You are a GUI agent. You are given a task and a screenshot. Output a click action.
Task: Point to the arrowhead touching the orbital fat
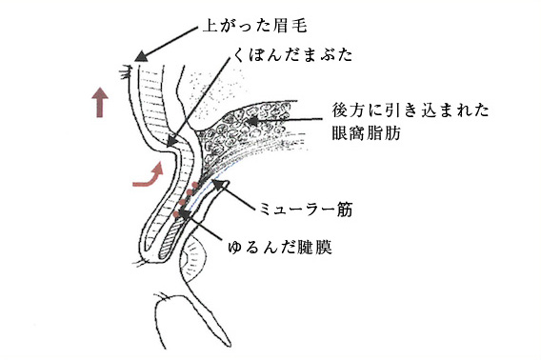[x=250, y=122]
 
